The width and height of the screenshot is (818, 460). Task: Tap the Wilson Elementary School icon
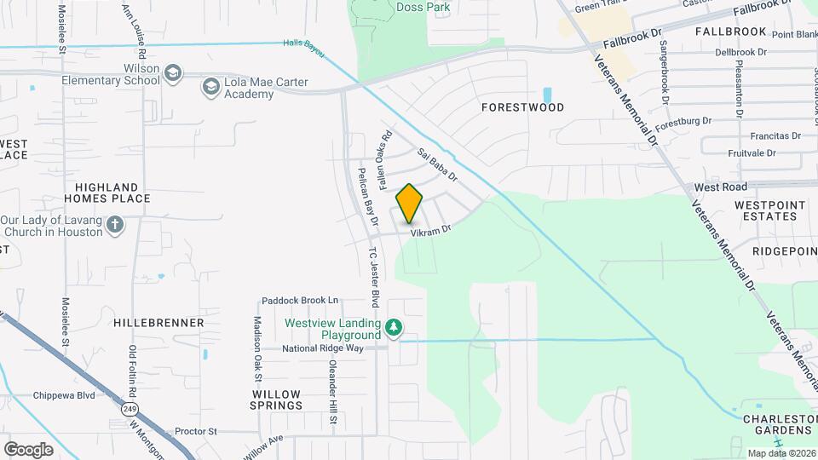174,73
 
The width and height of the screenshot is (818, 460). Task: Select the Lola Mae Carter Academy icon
210,86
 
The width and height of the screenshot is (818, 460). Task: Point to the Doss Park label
423,8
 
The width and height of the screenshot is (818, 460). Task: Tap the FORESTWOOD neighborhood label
522,108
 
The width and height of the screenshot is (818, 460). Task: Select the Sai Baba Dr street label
437,166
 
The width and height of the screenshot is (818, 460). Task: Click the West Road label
720,187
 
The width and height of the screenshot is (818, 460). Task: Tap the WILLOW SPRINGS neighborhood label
276,400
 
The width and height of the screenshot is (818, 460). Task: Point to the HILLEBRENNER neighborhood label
158,323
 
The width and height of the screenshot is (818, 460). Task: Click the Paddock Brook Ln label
300,301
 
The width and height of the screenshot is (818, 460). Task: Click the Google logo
28,450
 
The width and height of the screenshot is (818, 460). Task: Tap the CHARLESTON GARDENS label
780,425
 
